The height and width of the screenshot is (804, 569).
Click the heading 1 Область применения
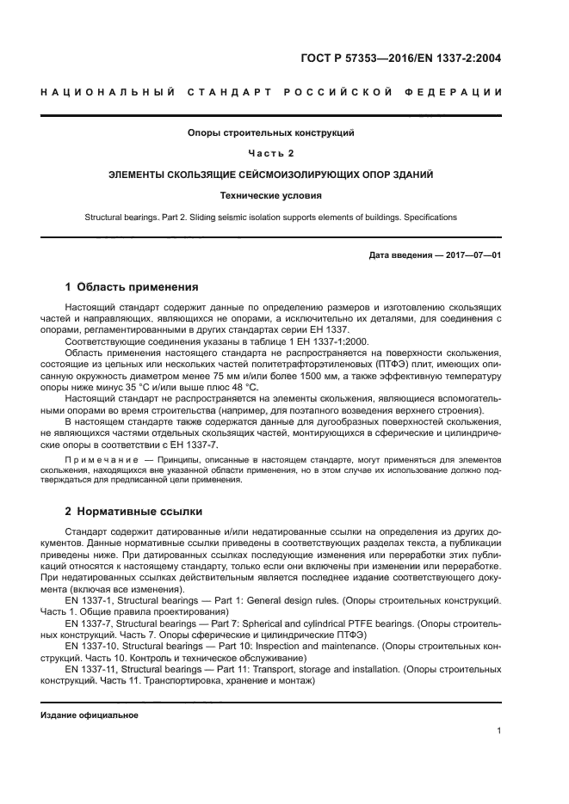pos(132,287)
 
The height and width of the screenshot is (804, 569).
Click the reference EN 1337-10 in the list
pos(92,643)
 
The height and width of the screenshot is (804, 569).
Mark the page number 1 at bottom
pos(499,731)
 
